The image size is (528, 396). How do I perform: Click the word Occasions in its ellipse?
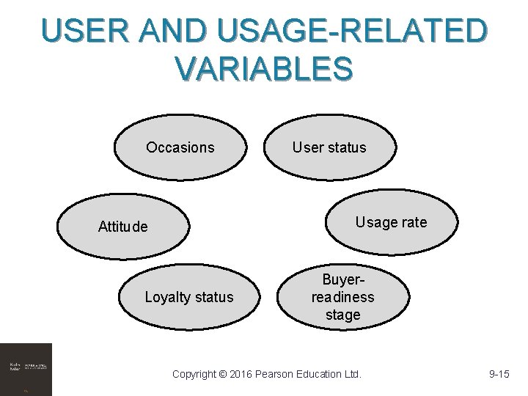[180, 147]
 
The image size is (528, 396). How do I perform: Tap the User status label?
[329, 147]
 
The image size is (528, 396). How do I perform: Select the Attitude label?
[123, 227]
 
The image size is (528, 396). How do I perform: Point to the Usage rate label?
[391, 222]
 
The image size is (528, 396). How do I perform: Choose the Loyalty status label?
[189, 297]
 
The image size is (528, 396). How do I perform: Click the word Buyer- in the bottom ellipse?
[343, 279]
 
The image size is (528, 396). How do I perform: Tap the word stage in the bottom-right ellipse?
[343, 315]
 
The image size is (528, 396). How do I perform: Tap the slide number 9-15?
[499, 375]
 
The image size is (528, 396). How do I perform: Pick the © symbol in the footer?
[223, 375]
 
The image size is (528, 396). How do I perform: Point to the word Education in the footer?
[323, 375]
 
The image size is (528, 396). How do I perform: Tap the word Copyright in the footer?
[194, 375]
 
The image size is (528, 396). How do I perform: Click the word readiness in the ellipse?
[343, 297]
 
